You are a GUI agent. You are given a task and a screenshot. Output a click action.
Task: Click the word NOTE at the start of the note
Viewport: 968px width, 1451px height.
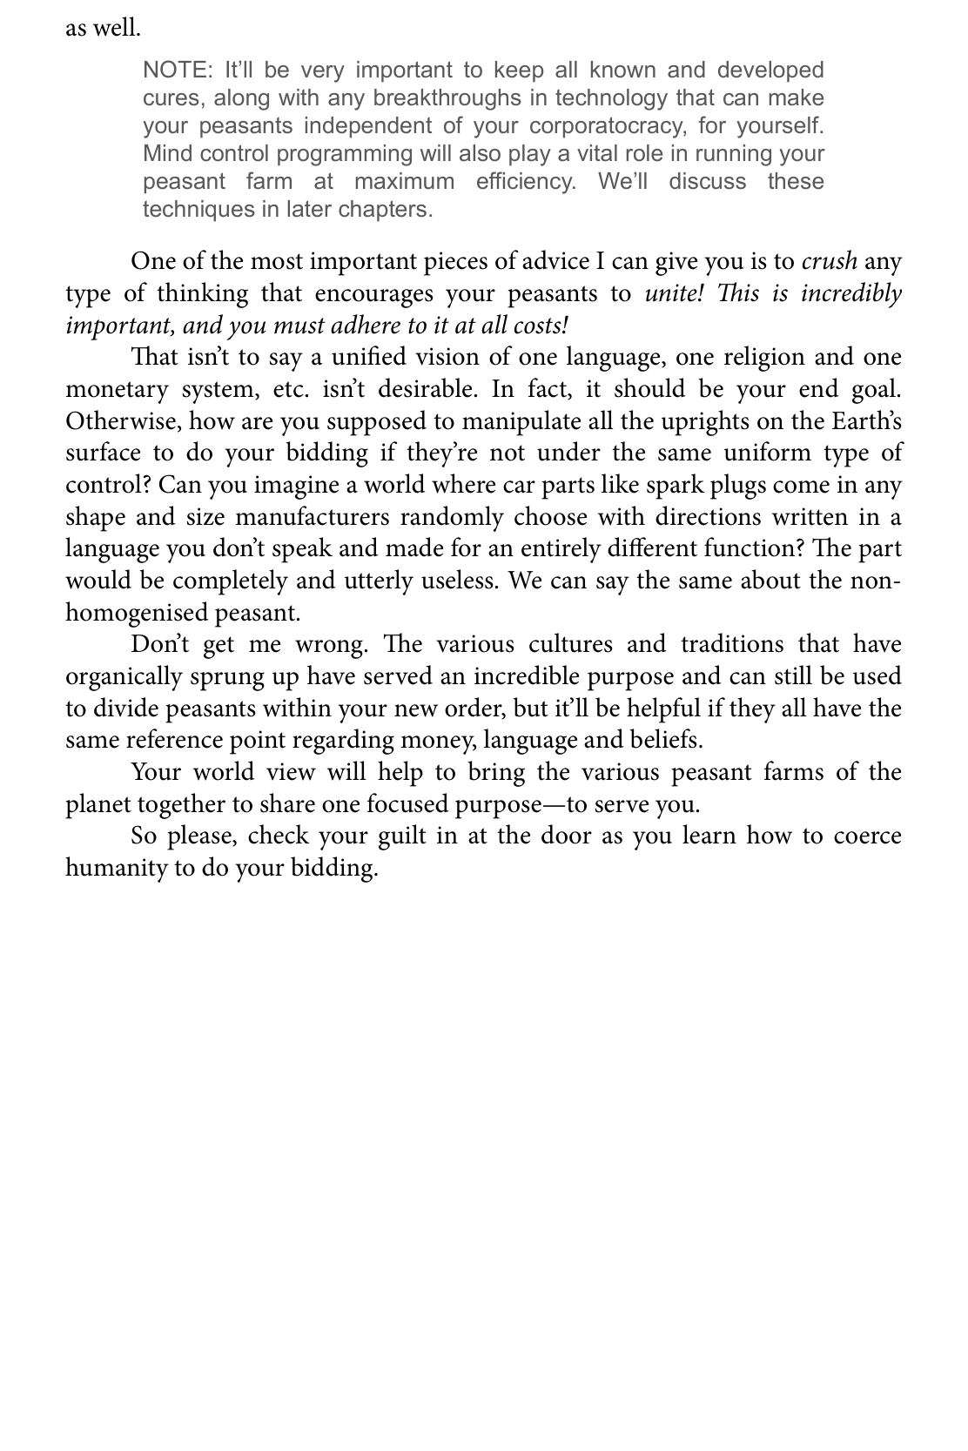pyautogui.click(x=172, y=70)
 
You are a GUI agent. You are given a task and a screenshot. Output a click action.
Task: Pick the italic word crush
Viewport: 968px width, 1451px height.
pyautogui.click(x=829, y=261)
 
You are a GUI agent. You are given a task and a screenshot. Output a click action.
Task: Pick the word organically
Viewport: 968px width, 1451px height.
pyautogui.click(x=124, y=676)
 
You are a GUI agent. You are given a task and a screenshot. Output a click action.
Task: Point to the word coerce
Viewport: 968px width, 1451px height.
pyautogui.click(x=867, y=836)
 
